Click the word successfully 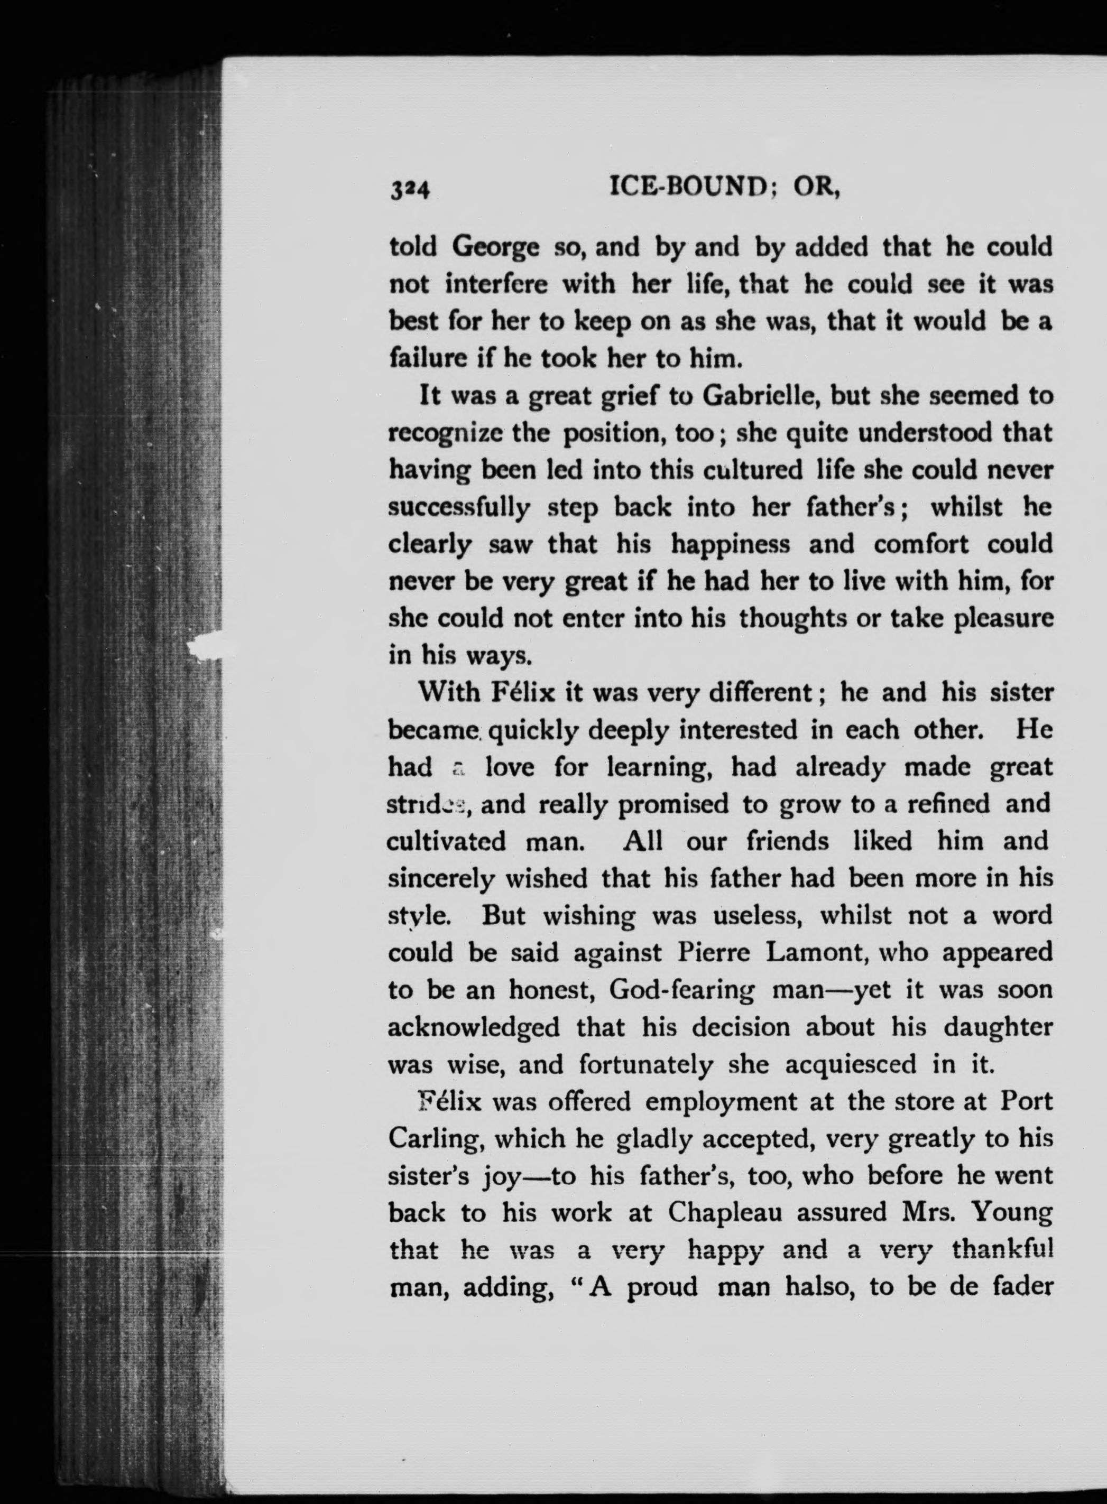coord(459,508)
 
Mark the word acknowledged coord(474,1026)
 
